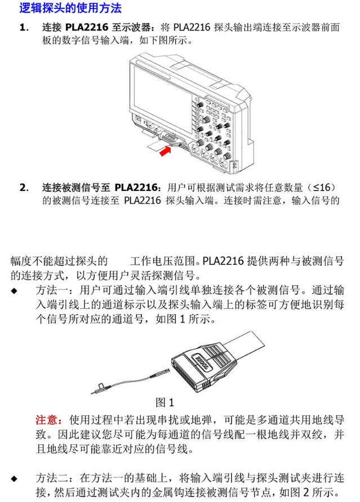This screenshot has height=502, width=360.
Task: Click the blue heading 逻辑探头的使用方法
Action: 70,8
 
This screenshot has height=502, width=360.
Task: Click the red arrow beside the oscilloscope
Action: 165,150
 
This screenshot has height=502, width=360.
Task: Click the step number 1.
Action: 24,27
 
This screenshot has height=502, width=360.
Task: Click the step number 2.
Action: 24,188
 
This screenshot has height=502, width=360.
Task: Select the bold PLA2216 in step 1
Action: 87,27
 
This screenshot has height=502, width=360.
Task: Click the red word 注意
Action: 46,419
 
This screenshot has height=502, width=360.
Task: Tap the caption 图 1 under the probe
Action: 165,402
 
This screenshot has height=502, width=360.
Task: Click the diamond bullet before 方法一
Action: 14,291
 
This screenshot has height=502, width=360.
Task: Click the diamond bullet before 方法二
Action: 14,479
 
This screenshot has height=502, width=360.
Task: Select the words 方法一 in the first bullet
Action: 52,290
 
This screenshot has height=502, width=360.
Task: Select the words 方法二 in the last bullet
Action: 52,478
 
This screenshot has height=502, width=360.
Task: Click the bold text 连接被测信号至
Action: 76,188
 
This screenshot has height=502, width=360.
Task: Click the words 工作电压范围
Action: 162,261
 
